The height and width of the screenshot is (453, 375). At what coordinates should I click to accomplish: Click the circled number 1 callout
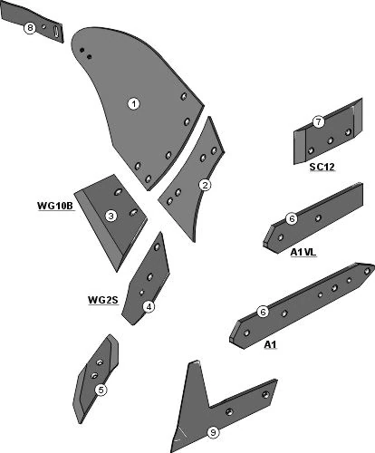[133, 104]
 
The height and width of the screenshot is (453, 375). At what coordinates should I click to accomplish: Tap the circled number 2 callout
[205, 185]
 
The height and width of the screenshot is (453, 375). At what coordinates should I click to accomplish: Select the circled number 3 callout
[111, 216]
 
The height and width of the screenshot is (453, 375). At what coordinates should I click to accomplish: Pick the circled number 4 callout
[149, 307]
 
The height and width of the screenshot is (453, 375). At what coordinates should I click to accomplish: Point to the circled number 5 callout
[101, 390]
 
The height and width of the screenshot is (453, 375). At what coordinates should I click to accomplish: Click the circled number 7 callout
[318, 122]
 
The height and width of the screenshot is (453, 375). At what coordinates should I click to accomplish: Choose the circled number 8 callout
[30, 28]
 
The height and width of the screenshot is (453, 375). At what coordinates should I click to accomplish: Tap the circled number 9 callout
[213, 432]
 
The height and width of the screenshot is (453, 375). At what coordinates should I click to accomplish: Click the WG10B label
[55, 206]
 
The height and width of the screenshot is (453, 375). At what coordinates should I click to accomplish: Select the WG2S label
[102, 300]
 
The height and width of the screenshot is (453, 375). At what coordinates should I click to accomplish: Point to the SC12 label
[322, 167]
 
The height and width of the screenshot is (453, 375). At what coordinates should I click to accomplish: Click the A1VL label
[303, 252]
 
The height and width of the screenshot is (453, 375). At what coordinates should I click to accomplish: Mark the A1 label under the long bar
[270, 344]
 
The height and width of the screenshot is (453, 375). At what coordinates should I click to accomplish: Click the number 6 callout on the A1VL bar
[292, 218]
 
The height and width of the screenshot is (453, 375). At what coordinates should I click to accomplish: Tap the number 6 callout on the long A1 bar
[263, 312]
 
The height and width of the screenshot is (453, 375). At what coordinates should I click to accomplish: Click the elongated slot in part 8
[56, 32]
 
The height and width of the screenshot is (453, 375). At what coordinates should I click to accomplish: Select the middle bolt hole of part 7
[331, 140]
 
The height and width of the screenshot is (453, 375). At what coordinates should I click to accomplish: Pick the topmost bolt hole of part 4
[157, 247]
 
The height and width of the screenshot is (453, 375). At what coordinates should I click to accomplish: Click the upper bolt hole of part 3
[118, 192]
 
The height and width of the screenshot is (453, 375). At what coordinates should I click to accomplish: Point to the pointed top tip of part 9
[197, 361]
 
